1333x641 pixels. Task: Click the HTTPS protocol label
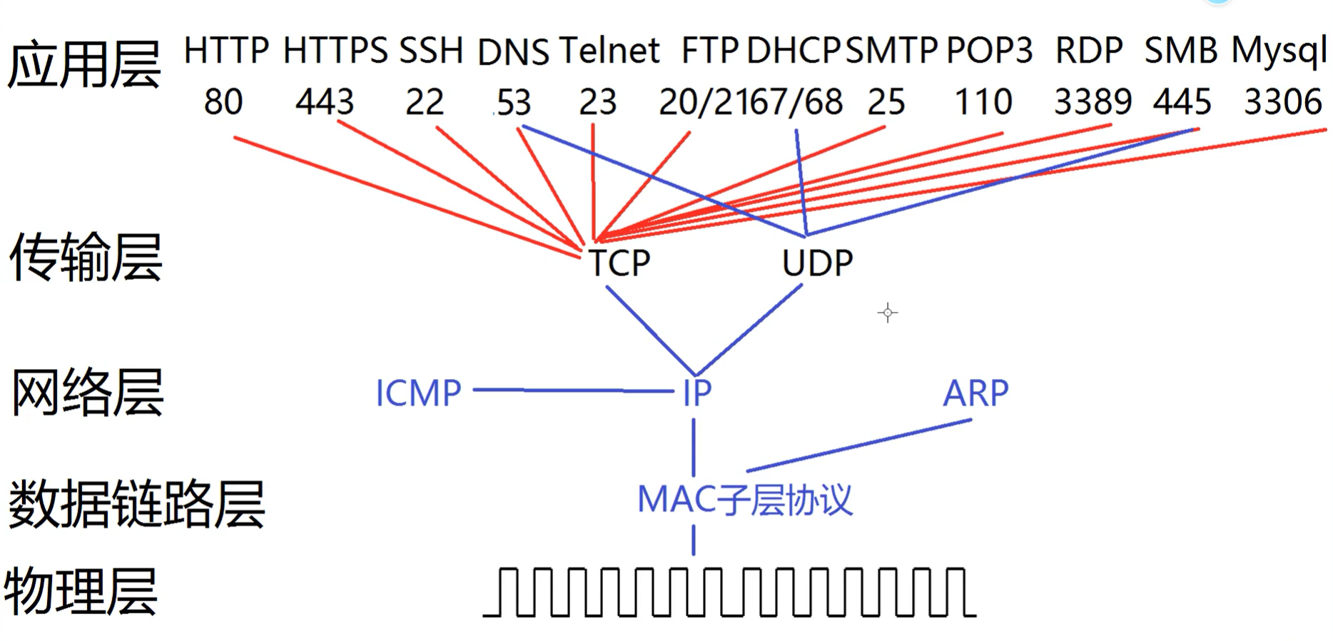click(335, 51)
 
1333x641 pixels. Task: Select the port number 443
click(325, 102)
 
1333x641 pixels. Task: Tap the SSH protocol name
click(431, 51)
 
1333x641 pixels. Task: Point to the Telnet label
click(609, 51)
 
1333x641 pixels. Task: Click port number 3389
click(1093, 102)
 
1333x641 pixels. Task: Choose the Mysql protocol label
click(1279, 52)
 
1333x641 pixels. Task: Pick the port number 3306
click(1283, 102)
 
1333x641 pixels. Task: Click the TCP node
click(619, 263)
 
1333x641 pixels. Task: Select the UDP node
click(817, 263)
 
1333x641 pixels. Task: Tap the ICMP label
click(418, 393)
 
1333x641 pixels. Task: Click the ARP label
click(975, 393)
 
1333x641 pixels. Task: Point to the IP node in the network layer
click(697, 393)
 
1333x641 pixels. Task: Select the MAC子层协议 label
click(744, 500)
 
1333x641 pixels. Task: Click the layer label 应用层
click(84, 64)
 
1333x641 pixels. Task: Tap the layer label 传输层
click(86, 257)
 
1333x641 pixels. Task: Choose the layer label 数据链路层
click(136, 504)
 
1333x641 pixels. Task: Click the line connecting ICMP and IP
click(571, 390)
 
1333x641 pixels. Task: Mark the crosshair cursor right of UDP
click(888, 313)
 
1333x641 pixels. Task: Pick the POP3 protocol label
click(989, 51)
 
